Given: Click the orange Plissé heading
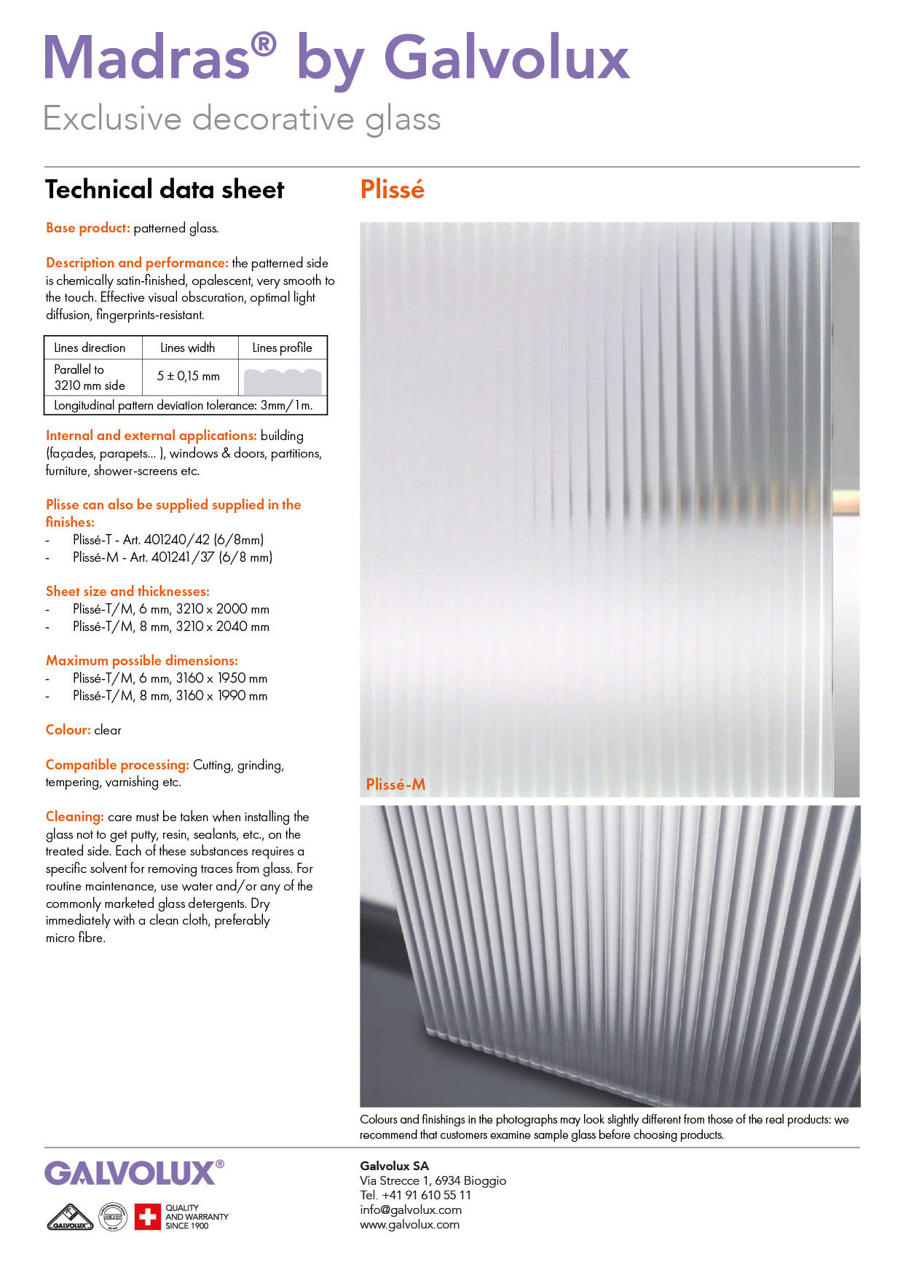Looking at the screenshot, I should tap(392, 189).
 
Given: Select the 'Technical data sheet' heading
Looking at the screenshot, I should tap(165, 189).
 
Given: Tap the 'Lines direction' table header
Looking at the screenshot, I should tap(90, 348).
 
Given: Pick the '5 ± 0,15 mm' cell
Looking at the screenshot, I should tap(188, 376).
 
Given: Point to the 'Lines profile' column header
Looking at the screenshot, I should tap(282, 348).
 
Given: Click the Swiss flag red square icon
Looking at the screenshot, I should tap(147, 1216).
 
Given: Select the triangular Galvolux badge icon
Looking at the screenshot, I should tap(70, 1217).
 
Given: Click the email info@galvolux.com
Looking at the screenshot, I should tap(411, 1210).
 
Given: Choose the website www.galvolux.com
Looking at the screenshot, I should tap(409, 1224).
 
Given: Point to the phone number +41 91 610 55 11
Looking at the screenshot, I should tap(426, 1195).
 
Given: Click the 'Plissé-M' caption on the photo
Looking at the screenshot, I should tap(395, 784).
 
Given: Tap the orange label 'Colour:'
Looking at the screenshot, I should tap(68, 730).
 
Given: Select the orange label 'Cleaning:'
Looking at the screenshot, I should tap(74, 817).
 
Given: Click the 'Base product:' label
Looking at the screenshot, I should tap(87, 228).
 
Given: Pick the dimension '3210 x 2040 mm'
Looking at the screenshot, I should tap(222, 626).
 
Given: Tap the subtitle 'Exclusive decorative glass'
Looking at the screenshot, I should tap(242, 119).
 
